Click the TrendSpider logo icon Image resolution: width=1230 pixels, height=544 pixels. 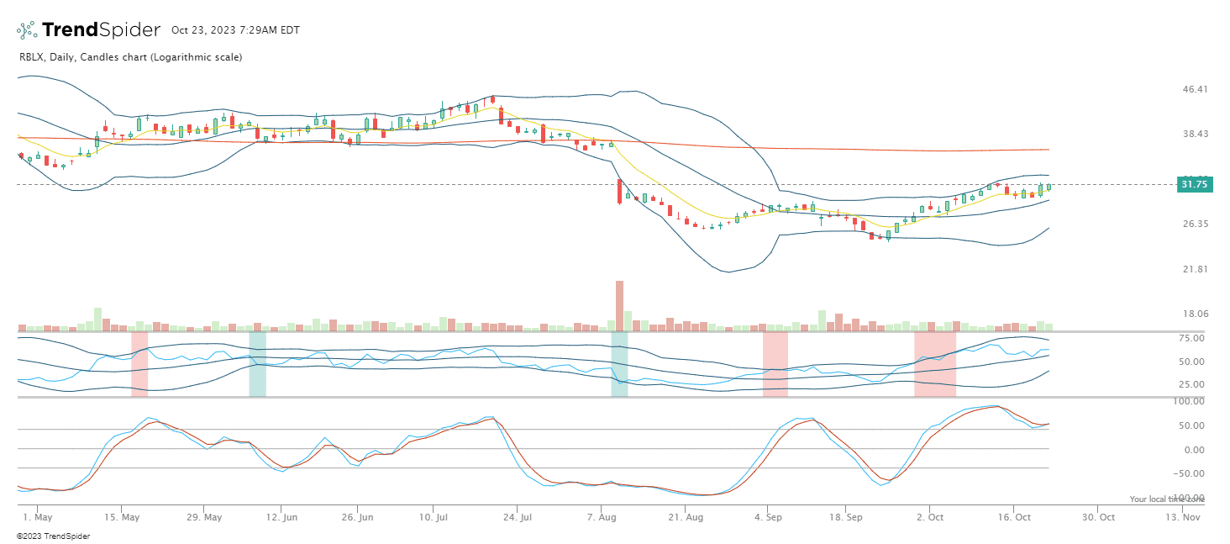pos(27,30)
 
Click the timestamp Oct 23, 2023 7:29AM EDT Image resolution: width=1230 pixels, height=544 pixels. pos(235,30)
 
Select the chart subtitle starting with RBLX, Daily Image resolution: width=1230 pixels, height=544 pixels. pos(130,57)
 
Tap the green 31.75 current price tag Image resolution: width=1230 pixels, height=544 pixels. pos(1194,184)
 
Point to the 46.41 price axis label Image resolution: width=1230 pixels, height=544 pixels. pos(1194,89)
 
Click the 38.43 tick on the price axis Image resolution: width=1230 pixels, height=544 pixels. pos(1194,134)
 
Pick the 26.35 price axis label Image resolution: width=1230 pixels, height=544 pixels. pos(1194,224)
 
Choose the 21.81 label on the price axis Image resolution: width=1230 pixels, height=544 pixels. pos(1194,269)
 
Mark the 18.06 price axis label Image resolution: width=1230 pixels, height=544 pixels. pos(1194,314)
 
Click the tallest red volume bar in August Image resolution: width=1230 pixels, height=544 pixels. pos(619,305)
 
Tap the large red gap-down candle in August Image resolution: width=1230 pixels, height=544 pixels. pos(619,191)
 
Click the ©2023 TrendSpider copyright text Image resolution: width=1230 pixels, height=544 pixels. pos(53,536)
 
